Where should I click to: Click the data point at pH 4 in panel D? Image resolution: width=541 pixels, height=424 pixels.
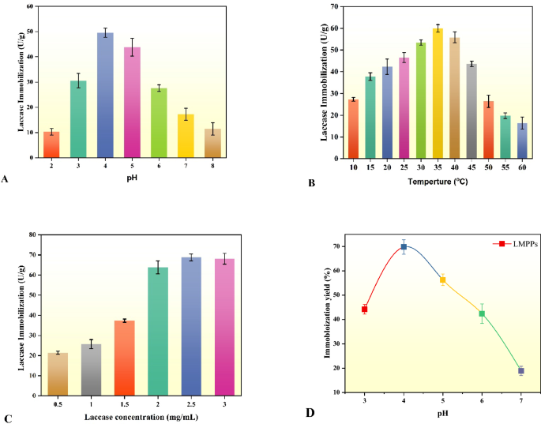pyautogui.click(x=404, y=246)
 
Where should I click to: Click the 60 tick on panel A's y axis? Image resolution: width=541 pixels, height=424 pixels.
pyautogui.click(x=30, y=6)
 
